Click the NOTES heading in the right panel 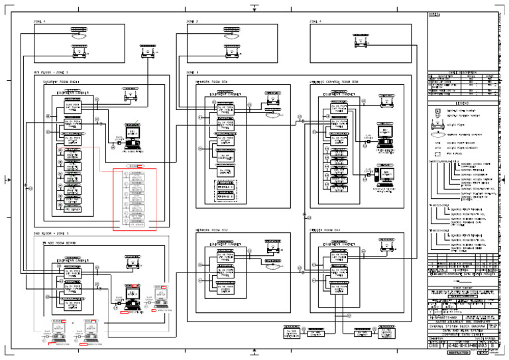point(435,14)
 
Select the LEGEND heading point(462,103)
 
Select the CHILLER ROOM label point(325,231)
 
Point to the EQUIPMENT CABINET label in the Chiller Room point(340,243)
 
